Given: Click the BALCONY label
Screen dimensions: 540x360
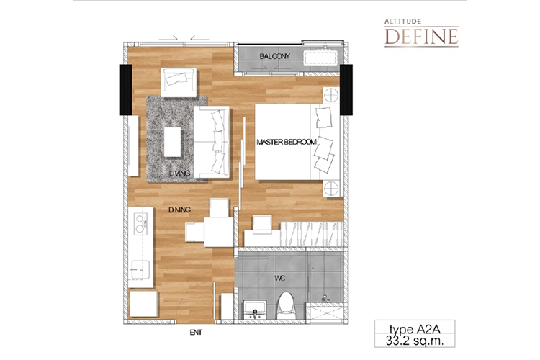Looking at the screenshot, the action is pyautogui.click(x=274, y=56).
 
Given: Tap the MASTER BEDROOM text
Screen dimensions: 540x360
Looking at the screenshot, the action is pyautogui.click(x=286, y=142).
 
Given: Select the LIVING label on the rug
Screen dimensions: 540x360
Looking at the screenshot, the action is pyautogui.click(x=179, y=174).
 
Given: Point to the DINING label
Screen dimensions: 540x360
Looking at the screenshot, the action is pyautogui.click(x=179, y=210).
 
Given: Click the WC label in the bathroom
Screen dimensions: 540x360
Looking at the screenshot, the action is pyautogui.click(x=279, y=278).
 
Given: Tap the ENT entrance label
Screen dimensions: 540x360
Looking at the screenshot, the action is pyautogui.click(x=196, y=333).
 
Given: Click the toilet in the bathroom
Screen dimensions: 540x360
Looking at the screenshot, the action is pyautogui.click(x=286, y=306).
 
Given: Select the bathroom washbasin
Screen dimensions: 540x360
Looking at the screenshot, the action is pyautogui.click(x=255, y=310).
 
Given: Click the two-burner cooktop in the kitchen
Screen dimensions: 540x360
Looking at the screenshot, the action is pyautogui.click(x=140, y=224).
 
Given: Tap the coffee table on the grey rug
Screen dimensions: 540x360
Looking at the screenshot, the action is pyautogui.click(x=173, y=143).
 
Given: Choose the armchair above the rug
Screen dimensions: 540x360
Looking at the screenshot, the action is pyautogui.click(x=179, y=83).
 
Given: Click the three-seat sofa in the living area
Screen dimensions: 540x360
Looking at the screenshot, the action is pyautogui.click(x=212, y=143).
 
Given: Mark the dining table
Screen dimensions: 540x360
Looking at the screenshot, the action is pyautogui.click(x=219, y=232).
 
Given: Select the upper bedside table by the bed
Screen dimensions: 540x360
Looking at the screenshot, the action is pyautogui.click(x=331, y=95).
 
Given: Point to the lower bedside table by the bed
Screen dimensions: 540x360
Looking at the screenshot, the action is pyautogui.click(x=331, y=189).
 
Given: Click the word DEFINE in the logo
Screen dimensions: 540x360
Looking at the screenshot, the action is pyautogui.click(x=421, y=37).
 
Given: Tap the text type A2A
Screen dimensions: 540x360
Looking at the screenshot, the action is pyautogui.click(x=415, y=329).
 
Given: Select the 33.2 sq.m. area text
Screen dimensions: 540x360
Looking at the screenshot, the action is pyautogui.click(x=415, y=341).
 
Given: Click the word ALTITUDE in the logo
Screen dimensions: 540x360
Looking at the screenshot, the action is pyautogui.click(x=403, y=22).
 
